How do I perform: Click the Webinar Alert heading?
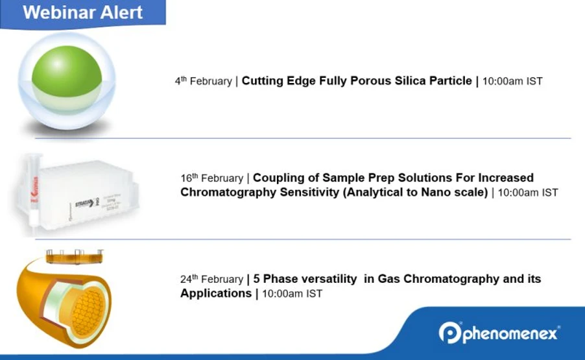pyautogui.click(x=83, y=13)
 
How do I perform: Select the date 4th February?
pyautogui.click(x=203, y=82)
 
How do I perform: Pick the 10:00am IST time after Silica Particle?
pyautogui.click(x=512, y=82)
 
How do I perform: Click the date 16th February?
pyautogui.click(x=211, y=178)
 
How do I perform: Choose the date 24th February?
pyautogui.click(x=211, y=280)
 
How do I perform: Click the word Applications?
pyautogui.click(x=216, y=293)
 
